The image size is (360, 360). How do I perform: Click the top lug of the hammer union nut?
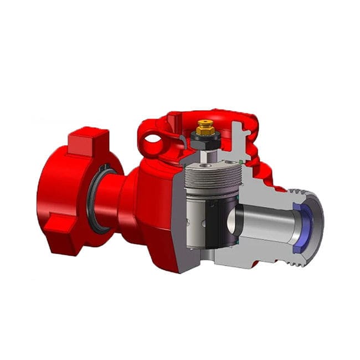point(89,140)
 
